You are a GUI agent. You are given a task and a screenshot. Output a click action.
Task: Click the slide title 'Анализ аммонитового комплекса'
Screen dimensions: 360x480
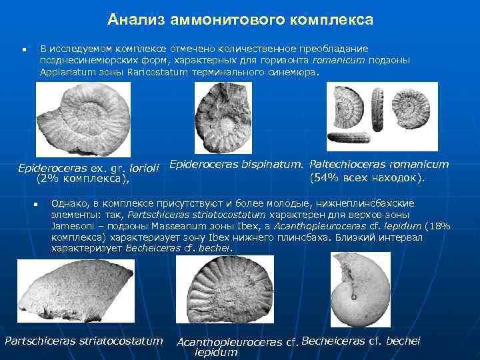point(240,19)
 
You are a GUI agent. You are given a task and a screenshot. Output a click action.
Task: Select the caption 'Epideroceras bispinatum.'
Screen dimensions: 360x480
point(237,164)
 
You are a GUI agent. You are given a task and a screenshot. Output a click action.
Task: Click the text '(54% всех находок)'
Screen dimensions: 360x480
point(367,178)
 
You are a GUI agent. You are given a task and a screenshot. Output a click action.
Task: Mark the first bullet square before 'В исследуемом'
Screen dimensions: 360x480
point(23,50)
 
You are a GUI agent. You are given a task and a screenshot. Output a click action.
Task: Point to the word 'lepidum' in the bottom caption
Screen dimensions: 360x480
point(216,353)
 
